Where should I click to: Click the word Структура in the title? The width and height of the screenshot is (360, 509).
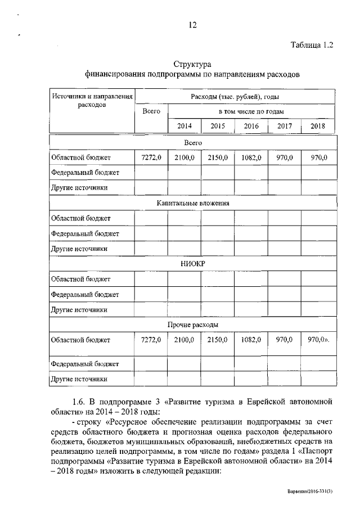coord(192,64)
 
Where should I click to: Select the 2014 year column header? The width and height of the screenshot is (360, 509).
coord(184,126)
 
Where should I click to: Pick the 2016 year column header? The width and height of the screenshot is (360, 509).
coord(251,126)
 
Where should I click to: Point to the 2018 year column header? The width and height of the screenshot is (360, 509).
coord(318,126)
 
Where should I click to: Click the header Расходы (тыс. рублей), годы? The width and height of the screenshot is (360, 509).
coord(235,97)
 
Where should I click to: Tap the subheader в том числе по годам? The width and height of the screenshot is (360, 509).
coord(251,112)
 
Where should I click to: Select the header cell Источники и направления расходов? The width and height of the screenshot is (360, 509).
coord(92,101)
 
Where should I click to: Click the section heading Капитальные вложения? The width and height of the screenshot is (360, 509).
coord(192,203)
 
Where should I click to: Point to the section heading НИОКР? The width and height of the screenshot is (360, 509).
coord(192,264)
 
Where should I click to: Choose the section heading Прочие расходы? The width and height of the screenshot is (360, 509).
coord(192,325)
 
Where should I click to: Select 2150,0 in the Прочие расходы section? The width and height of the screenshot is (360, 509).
coord(217,340)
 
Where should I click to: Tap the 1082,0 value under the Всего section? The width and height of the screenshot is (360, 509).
coord(251,158)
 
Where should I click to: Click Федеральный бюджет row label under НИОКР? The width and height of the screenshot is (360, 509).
coord(84,294)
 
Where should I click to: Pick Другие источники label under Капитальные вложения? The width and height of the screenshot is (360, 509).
coord(79,248)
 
